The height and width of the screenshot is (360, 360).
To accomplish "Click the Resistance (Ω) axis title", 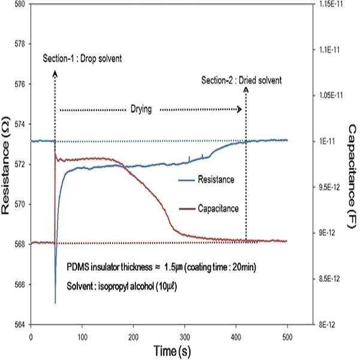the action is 5,165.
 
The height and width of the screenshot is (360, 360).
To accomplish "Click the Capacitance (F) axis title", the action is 352,176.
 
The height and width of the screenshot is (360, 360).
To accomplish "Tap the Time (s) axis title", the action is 172,351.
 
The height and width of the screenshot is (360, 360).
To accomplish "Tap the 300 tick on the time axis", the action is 184,337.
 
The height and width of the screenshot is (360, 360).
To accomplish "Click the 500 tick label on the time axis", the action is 287,337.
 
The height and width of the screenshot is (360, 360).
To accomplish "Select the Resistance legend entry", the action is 206,180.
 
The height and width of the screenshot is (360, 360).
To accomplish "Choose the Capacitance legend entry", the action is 208,208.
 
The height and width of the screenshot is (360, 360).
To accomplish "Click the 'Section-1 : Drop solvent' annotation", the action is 82,59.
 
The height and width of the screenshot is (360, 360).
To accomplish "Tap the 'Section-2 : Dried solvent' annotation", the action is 241,80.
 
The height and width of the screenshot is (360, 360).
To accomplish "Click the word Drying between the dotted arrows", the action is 141,109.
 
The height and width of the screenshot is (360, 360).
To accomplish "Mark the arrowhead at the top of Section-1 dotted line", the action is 55,74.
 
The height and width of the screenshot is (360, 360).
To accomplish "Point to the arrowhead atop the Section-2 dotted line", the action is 246,90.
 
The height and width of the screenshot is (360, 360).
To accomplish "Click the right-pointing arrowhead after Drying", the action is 239,109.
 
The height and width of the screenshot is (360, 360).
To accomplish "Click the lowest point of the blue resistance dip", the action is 55,303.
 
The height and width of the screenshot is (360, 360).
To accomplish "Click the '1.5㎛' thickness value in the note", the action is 173,267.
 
